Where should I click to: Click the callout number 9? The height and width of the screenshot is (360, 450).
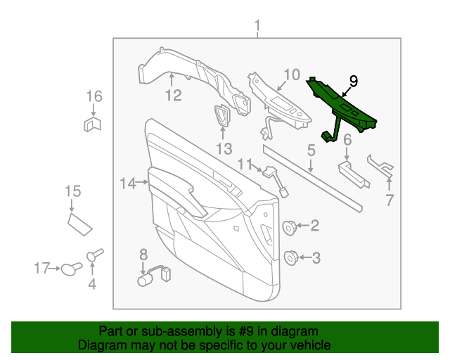pos(354,82)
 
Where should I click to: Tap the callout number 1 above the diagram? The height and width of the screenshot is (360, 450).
pos(257,27)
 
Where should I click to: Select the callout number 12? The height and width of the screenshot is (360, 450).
pos(173,95)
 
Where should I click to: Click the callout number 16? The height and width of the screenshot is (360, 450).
pos(94,96)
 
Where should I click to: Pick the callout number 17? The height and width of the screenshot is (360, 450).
pos(42,267)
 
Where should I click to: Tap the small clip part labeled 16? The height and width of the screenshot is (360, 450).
pos(93,125)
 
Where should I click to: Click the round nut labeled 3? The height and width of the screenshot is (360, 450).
pos(290,258)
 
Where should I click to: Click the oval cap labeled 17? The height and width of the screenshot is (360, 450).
pos(69,268)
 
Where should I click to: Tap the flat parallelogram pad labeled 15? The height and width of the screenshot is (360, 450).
pos(80,224)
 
